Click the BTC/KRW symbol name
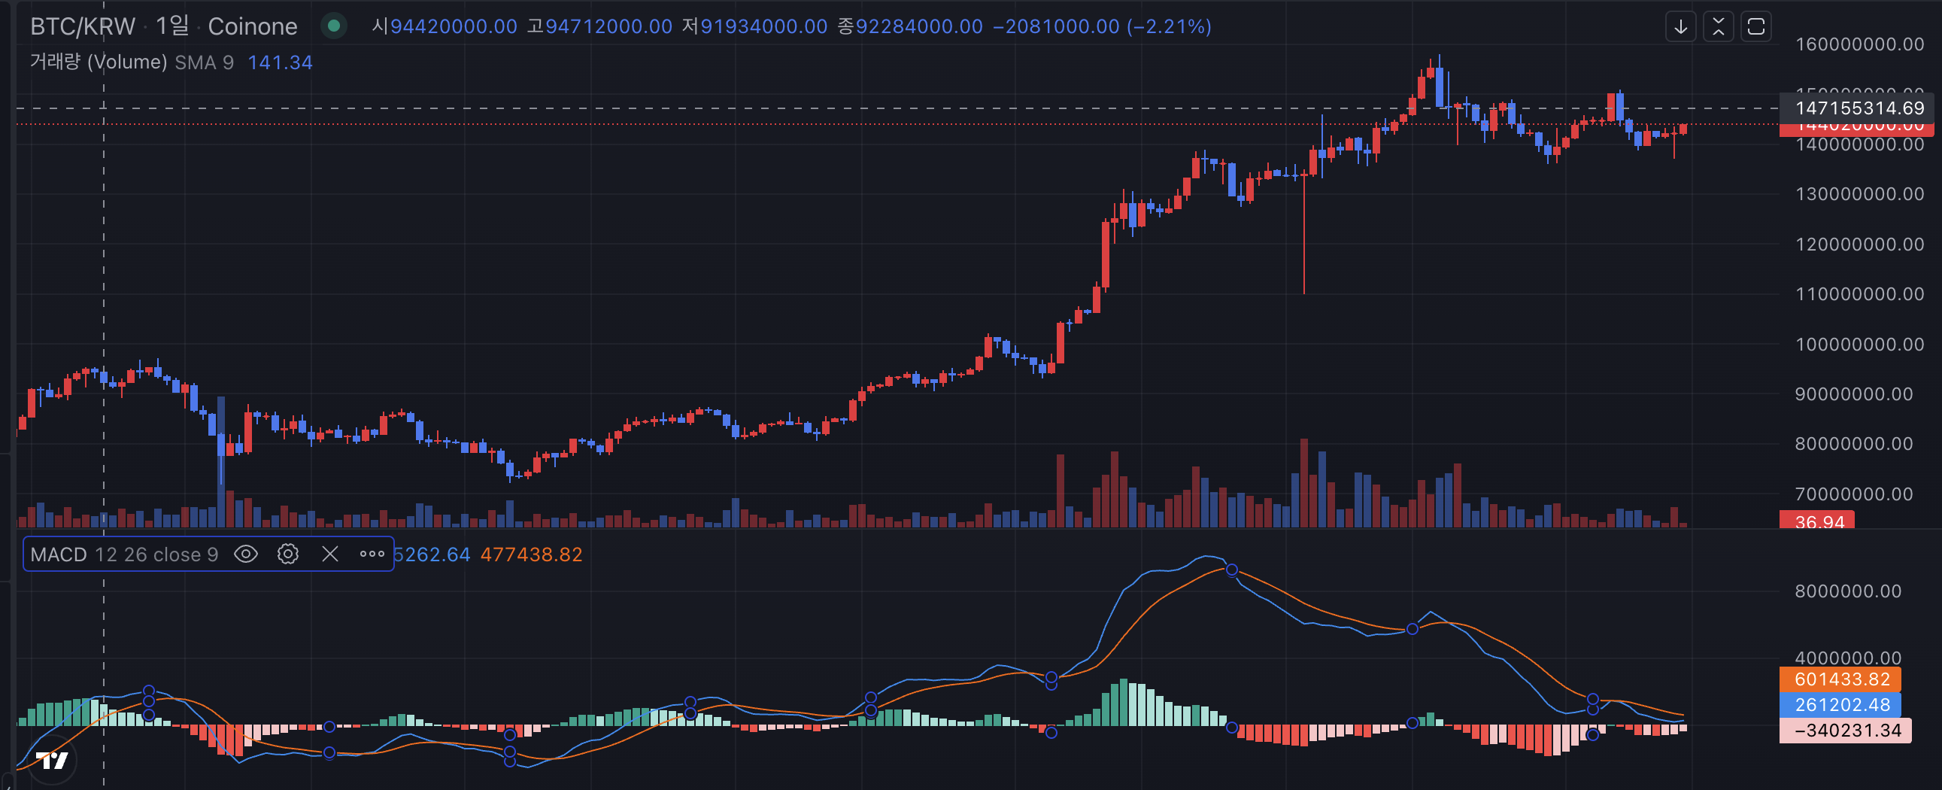tap(82, 26)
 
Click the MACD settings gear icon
tap(288, 554)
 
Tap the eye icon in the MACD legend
tap(246, 554)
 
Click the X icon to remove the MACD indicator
tap(329, 554)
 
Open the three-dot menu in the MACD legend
tap(372, 554)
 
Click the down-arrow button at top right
tap(1680, 27)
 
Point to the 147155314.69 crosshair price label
tap(1859, 108)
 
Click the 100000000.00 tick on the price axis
tap(1859, 345)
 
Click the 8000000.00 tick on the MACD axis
tap(1848, 591)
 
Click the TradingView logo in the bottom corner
tap(52, 761)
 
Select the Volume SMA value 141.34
tap(280, 62)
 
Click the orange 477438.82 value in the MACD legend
tap(531, 555)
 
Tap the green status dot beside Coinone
tap(333, 26)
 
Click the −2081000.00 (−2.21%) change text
tap(1101, 26)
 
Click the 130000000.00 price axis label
tap(1859, 194)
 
